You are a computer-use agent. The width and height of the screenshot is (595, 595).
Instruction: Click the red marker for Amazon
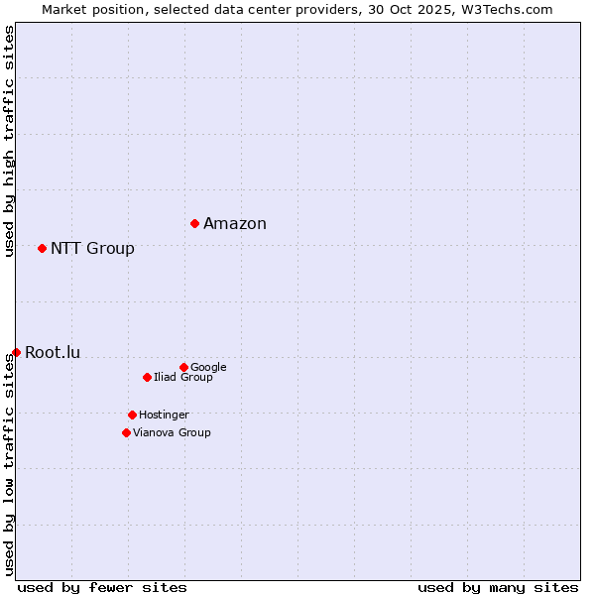194,223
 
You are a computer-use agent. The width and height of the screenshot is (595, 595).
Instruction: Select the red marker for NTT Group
42,248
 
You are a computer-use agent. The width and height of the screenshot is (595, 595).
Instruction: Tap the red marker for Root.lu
16,352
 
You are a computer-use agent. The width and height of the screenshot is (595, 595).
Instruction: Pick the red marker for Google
183,367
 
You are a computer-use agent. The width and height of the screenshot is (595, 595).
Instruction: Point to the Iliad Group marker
147,377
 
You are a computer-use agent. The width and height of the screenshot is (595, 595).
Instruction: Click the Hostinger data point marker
132,415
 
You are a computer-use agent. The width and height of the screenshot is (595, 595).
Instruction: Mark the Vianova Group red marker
126,432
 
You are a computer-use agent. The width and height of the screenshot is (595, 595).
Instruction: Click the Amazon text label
235,223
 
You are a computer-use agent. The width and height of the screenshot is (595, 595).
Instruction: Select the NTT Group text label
92,248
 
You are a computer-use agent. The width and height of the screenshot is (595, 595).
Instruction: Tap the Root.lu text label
53,352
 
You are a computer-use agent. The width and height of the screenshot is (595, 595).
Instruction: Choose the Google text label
208,367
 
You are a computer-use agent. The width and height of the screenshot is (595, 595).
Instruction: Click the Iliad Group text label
183,377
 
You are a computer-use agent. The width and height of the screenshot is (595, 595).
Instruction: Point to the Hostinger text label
164,415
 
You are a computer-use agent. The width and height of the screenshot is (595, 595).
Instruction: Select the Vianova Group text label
172,432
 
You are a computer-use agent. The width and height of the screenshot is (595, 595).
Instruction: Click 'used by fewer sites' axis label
102,587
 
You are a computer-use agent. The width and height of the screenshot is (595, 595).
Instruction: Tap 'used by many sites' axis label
498,587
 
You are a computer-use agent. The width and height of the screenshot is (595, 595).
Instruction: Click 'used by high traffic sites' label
9,141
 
